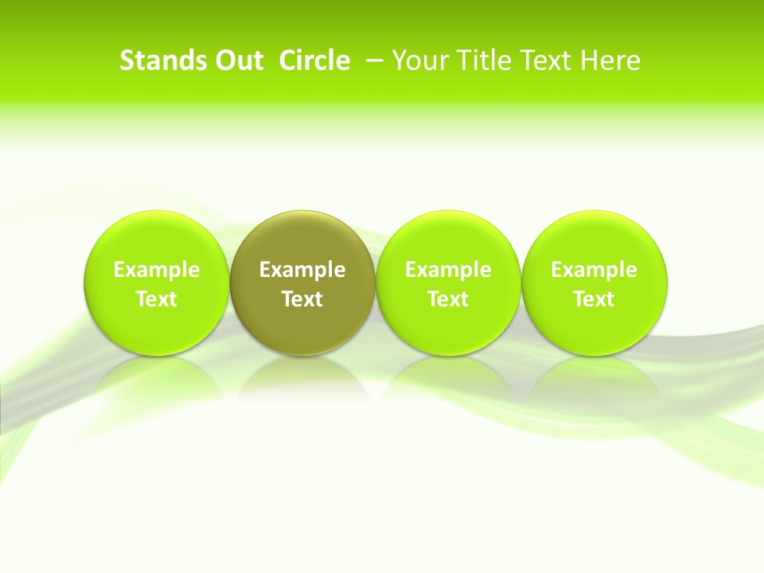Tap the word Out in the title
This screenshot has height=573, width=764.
click(238, 61)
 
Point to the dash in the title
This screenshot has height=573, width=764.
click(375, 61)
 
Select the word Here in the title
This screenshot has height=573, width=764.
click(610, 61)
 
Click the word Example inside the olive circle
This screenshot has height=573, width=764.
click(302, 270)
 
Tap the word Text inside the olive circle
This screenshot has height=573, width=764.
click(302, 299)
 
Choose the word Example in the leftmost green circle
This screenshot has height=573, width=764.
click(157, 270)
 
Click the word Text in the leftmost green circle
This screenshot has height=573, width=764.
click(157, 299)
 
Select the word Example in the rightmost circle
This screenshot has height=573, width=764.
click(594, 270)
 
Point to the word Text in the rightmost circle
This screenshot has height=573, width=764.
click(594, 299)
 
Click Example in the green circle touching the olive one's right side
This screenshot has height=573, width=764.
click(448, 270)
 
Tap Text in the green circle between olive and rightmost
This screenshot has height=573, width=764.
click(448, 299)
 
